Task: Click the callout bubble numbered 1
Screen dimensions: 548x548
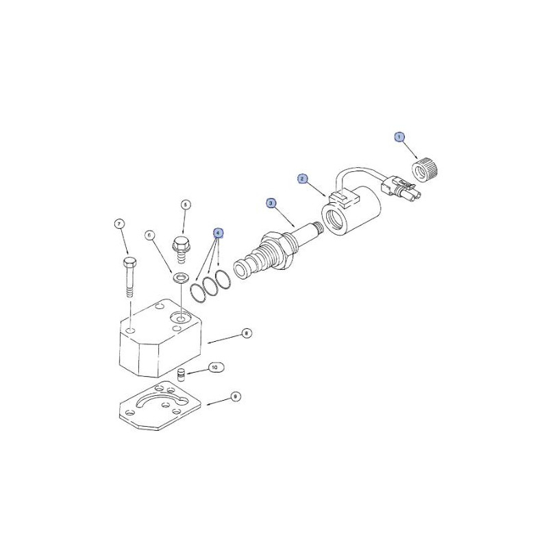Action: (x=399, y=137)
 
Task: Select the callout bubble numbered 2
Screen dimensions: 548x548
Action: (x=302, y=179)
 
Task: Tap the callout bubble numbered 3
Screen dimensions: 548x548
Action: (x=271, y=203)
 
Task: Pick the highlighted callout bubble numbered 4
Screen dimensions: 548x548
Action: (x=218, y=233)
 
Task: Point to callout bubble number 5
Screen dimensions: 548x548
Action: (x=186, y=205)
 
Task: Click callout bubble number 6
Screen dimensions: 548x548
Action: (x=149, y=236)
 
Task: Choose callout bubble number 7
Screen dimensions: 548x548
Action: (x=119, y=224)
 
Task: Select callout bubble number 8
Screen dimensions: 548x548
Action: (x=247, y=334)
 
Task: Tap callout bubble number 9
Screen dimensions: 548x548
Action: (x=236, y=397)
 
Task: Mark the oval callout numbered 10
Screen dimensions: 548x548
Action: (x=214, y=368)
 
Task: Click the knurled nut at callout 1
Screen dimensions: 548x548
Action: (x=425, y=169)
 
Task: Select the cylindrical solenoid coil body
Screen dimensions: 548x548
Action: (x=351, y=211)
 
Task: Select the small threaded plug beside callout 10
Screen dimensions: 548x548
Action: (x=181, y=374)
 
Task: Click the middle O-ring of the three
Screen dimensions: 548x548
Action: (x=211, y=286)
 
